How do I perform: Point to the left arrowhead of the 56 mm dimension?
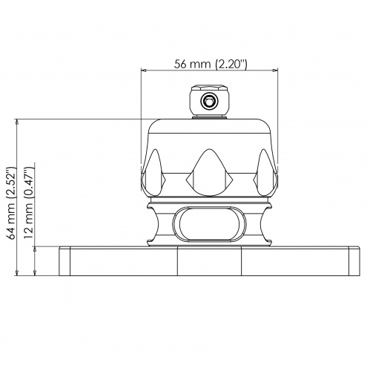[145, 72]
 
